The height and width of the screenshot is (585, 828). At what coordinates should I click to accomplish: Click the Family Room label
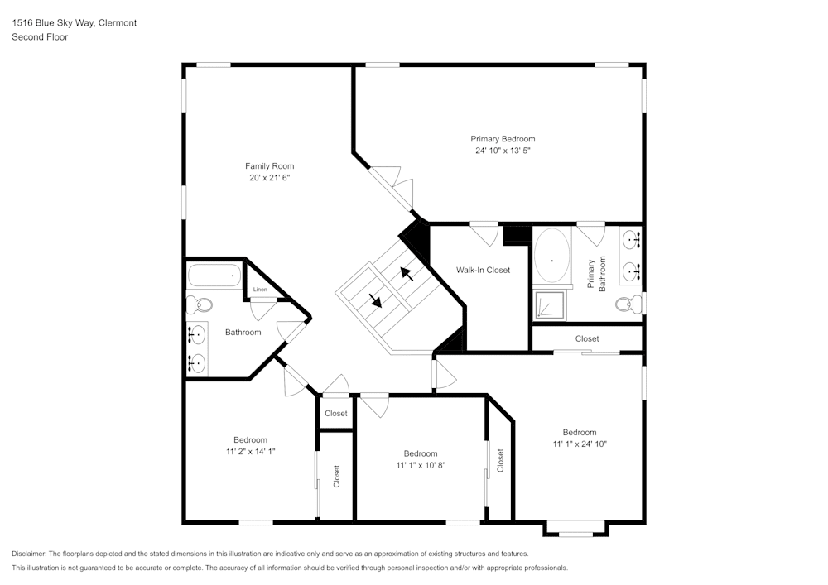[x=269, y=166]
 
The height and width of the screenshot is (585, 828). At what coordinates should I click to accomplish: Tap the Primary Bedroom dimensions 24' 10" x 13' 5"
[x=503, y=151]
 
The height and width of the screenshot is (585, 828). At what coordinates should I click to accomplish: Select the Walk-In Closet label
[x=483, y=270]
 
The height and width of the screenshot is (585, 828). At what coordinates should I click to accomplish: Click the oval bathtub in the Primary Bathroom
[x=552, y=258]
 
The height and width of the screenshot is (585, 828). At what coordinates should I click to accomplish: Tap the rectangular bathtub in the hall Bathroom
[x=214, y=276]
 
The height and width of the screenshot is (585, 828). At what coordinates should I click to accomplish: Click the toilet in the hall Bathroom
[x=200, y=304]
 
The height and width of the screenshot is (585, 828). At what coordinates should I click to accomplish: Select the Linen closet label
[x=260, y=290]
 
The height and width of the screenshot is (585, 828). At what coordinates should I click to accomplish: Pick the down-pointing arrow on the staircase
[x=375, y=300]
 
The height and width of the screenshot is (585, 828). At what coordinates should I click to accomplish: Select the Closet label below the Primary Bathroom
[x=587, y=338]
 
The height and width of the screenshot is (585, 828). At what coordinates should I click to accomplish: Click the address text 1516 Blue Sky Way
[x=75, y=23]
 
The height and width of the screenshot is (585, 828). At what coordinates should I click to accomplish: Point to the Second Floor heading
[x=40, y=37]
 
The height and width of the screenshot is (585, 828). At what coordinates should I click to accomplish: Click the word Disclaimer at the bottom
[x=29, y=554]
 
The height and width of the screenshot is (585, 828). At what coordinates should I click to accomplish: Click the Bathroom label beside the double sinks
[x=243, y=333]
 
